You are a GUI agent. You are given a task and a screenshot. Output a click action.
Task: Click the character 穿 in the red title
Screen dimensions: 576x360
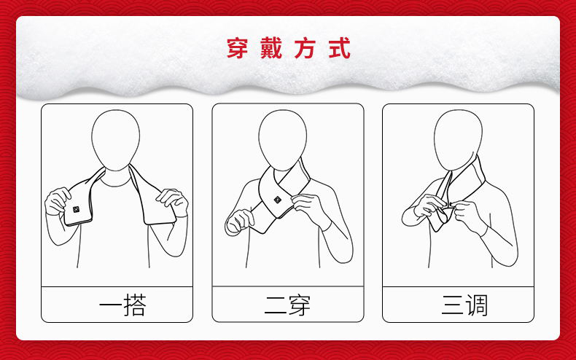pyautogui.click(x=237, y=48)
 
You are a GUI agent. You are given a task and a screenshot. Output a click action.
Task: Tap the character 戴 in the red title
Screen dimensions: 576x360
pyautogui.click(x=271, y=48)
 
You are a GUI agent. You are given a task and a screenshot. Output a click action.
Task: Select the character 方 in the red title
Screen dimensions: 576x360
pyautogui.click(x=305, y=48)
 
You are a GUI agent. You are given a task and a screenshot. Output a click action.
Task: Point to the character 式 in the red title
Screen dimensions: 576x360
pyautogui.click(x=339, y=48)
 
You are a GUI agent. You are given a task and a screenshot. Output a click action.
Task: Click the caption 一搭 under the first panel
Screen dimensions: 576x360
pyautogui.click(x=122, y=305)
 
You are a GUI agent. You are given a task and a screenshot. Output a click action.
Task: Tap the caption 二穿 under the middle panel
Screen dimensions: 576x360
pyautogui.click(x=287, y=305)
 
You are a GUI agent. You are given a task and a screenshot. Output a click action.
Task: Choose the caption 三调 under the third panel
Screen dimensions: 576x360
pyautogui.click(x=464, y=305)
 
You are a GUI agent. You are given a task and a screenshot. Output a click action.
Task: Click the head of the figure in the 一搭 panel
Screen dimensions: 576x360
pyautogui.click(x=115, y=141)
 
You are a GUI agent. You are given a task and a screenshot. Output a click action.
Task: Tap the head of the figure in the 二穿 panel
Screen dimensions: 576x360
pyautogui.click(x=282, y=141)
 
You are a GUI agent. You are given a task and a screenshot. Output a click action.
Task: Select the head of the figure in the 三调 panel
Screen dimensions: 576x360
pyautogui.click(x=458, y=141)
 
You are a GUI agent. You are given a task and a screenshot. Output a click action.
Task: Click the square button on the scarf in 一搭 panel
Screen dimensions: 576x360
pyautogui.click(x=76, y=209)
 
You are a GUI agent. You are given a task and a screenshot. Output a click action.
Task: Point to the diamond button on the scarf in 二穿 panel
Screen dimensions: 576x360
pyautogui.click(x=278, y=200)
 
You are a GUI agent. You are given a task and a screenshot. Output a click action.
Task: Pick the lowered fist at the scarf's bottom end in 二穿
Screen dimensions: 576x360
pyautogui.click(x=239, y=222)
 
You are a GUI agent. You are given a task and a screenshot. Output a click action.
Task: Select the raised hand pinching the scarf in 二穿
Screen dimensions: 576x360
pyautogui.click(x=308, y=208)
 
